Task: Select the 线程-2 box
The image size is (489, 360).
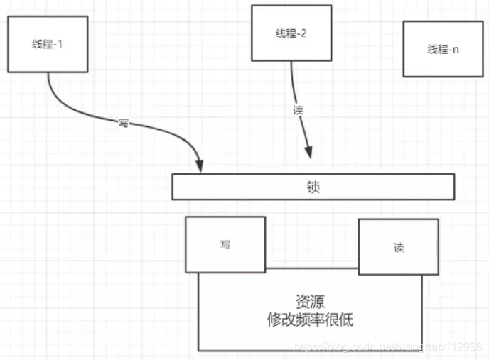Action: tap(291, 33)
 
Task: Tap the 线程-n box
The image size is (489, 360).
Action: tap(443, 48)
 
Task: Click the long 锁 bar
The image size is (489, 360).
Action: tap(313, 187)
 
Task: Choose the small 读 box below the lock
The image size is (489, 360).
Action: tap(398, 246)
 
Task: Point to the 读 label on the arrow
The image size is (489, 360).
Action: tap(298, 111)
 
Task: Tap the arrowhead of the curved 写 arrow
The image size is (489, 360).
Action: tap(200, 165)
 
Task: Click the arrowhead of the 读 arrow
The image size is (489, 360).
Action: tap(308, 153)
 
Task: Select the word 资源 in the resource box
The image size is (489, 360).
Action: tap(309, 301)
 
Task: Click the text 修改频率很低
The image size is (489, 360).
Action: tap(309, 320)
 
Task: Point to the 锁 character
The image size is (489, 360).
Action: tap(313, 187)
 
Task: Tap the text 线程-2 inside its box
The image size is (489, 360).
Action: tap(291, 33)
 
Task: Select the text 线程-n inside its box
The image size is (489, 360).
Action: tap(443, 49)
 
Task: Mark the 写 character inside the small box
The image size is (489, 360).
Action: tap(225, 244)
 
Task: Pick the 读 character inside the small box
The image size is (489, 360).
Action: tap(398, 247)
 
